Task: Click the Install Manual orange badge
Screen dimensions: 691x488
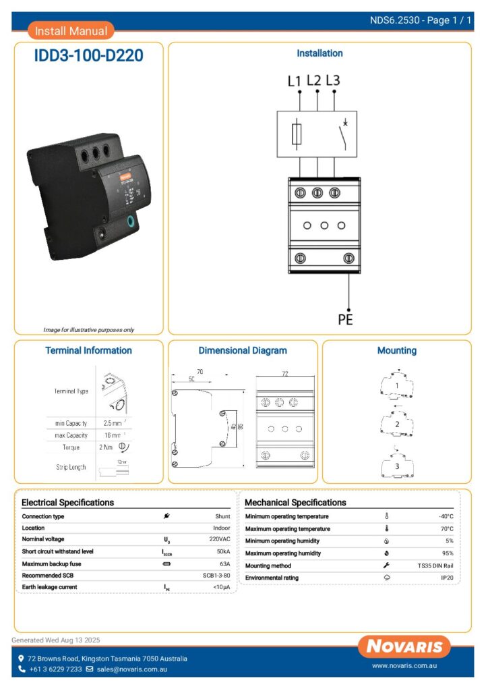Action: (x=71, y=31)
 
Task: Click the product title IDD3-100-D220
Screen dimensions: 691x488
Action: (x=88, y=56)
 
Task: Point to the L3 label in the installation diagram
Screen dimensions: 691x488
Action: (x=333, y=80)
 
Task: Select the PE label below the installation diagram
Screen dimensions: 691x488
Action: (x=345, y=319)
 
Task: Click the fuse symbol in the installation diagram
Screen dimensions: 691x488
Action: (x=297, y=134)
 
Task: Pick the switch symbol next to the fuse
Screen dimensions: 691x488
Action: (x=342, y=134)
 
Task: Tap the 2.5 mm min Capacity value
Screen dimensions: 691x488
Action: (x=112, y=423)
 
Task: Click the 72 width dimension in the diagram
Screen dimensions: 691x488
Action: (x=285, y=373)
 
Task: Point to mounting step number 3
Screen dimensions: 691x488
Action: (x=397, y=466)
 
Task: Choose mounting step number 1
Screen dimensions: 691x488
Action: (x=397, y=386)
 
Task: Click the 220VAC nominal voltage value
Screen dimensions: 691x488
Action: (x=220, y=540)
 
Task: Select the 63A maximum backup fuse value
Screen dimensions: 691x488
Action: (x=224, y=563)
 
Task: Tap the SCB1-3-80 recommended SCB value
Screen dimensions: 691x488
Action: (x=216, y=576)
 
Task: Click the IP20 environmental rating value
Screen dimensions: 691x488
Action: (x=447, y=578)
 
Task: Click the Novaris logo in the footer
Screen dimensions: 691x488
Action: (x=404, y=647)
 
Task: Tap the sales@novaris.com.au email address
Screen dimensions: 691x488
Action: (x=131, y=669)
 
